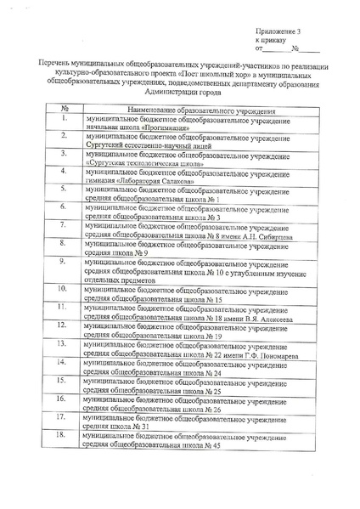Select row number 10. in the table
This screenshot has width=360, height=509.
coord(63,289)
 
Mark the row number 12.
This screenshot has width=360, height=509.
coord(63,325)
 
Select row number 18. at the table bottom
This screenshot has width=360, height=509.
coord(63,434)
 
